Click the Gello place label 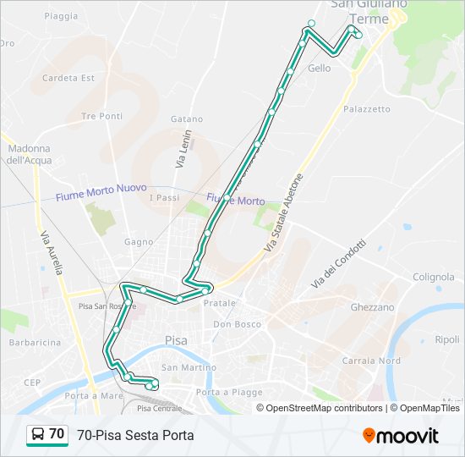[x=320, y=69]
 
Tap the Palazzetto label [x=367, y=109]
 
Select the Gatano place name [x=187, y=119]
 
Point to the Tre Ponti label [x=102, y=116]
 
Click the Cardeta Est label [x=68, y=78]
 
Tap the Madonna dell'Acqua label [x=29, y=154]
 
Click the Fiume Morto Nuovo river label [x=101, y=192]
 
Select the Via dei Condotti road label [x=339, y=264]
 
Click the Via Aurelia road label [x=51, y=252]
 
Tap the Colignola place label [x=434, y=277]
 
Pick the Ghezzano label [x=372, y=308]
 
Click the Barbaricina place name [x=35, y=343]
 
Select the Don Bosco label [x=238, y=324]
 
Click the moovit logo [x=401, y=436]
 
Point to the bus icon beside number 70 [x=38, y=434]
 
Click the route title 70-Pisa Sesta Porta [x=135, y=435]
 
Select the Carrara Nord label [x=371, y=361]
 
